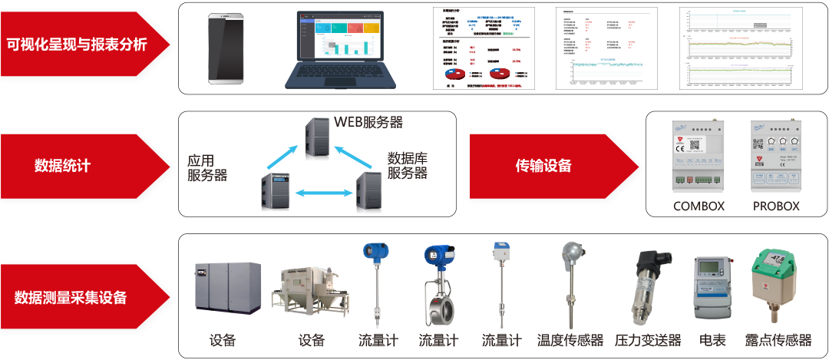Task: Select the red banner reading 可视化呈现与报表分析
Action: pyautogui.click(x=77, y=45)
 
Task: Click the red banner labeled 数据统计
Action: pyautogui.click(x=77, y=165)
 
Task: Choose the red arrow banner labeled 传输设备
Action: pyautogui.click(x=545, y=165)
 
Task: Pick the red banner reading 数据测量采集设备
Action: pyautogui.click(x=77, y=296)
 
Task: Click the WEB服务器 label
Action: pyautogui.click(x=368, y=122)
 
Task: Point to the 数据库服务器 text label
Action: pyautogui.click(x=407, y=166)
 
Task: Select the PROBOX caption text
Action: pyautogui.click(x=776, y=206)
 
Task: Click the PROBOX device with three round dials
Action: pyautogui.click(x=776, y=157)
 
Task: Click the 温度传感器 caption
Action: pyautogui.click(x=570, y=340)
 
